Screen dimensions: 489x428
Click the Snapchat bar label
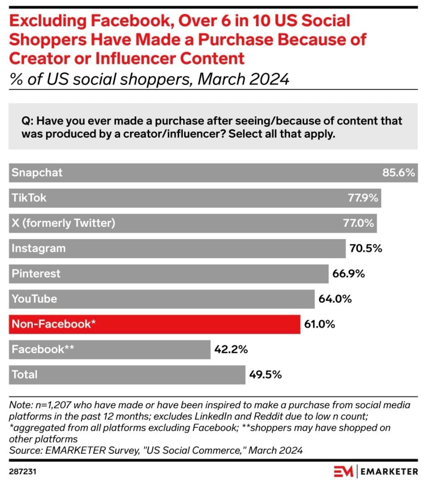tap(37, 173)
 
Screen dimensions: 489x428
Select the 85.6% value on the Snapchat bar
tap(398, 173)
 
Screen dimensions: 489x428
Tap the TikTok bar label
tap(29, 198)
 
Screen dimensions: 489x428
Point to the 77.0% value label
tap(358, 223)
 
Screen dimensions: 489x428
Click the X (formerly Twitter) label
tap(63, 223)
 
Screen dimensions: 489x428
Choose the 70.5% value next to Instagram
tap(366, 248)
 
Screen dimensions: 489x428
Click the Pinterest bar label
tap(36, 274)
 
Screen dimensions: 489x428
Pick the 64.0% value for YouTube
tap(335, 299)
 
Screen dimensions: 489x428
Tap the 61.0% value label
tap(320, 324)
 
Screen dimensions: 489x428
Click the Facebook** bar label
tap(43, 349)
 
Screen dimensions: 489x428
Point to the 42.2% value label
tap(231, 349)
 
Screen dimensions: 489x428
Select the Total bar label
tap(25, 375)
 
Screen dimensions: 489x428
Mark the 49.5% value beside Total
tap(265, 375)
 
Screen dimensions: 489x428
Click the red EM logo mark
tap(343, 472)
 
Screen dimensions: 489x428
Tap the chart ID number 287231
tap(23, 472)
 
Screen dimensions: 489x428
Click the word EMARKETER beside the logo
tap(389, 472)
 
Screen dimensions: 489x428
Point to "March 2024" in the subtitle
tap(243, 78)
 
